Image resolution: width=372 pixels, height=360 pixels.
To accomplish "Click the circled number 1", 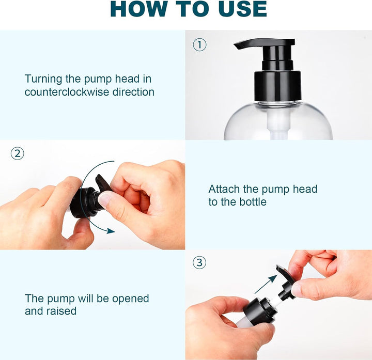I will (199, 44).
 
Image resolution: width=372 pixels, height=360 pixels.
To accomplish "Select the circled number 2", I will (17, 153).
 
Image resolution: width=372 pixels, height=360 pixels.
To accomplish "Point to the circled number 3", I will (199, 262).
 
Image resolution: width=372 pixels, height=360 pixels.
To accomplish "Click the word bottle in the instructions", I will (250, 202).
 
